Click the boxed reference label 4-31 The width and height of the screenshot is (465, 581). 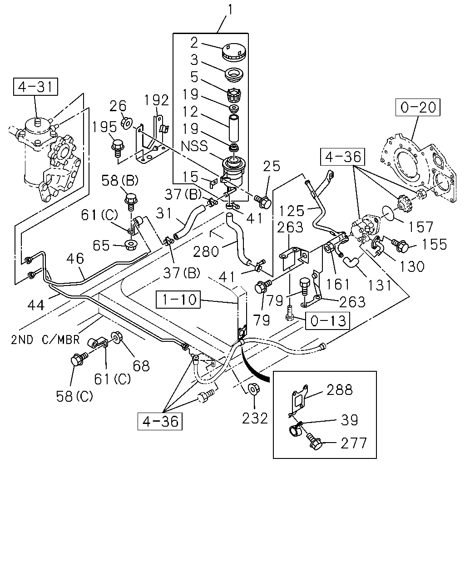35,87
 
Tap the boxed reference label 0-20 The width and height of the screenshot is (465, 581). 418,107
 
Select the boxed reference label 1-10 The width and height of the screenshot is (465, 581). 178,300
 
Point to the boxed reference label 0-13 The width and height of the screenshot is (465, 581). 327,320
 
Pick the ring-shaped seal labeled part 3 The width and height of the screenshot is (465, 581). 234,75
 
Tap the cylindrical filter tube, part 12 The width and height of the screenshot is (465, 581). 234,128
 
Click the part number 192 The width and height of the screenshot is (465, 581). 157,100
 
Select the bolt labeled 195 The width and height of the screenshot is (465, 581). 117,148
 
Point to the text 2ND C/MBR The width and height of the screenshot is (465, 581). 45,340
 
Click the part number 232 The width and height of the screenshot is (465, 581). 255,419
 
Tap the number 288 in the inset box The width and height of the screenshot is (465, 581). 340,390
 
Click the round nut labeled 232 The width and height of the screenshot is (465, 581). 252,389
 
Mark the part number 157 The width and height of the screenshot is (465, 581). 420,227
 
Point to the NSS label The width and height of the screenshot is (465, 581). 194,146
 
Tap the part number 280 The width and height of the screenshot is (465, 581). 206,251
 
